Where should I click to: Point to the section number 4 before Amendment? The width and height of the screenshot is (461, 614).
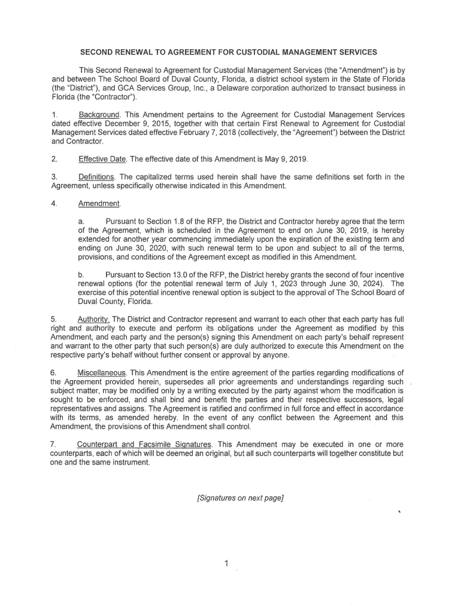coord(54,203)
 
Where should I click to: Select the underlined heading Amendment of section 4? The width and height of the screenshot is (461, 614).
coord(99,203)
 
